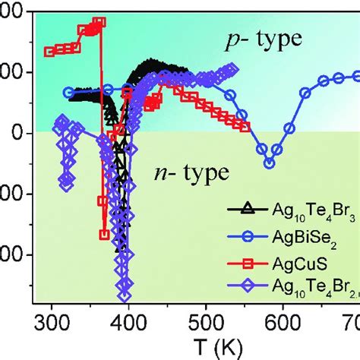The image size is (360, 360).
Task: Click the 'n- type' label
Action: click(190, 172)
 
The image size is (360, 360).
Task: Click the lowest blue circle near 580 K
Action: click(269, 163)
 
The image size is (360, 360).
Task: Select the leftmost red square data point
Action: click(49, 52)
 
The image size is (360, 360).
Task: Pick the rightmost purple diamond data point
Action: click(233, 70)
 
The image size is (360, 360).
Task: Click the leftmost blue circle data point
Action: click(68, 93)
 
